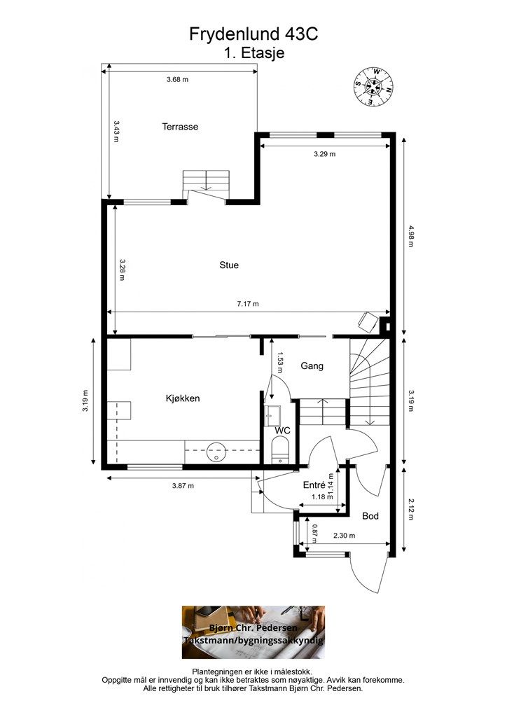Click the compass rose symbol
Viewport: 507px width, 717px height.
click(x=374, y=87)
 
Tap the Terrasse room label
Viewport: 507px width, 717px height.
click(x=180, y=127)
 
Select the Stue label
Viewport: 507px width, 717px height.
click(x=229, y=265)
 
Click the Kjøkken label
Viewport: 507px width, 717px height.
click(x=182, y=398)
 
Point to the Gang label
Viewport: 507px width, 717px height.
click(x=312, y=366)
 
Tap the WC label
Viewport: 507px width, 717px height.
click(x=282, y=431)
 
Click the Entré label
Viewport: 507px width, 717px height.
click(x=314, y=485)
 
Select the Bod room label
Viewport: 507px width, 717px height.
click(x=370, y=516)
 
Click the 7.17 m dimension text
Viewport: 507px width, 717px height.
click(x=248, y=304)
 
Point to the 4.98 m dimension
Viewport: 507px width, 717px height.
click(x=410, y=236)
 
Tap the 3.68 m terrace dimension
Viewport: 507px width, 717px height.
click(x=177, y=79)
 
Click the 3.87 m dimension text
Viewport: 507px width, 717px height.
click(x=183, y=486)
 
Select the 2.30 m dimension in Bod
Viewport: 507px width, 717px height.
click(x=345, y=536)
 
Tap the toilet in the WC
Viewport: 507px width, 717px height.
click(x=280, y=450)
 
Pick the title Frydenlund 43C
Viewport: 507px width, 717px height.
click(x=253, y=34)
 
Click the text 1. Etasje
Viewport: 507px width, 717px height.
click(x=254, y=53)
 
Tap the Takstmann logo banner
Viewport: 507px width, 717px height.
click(x=253, y=632)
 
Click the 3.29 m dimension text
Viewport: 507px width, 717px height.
click(x=325, y=154)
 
